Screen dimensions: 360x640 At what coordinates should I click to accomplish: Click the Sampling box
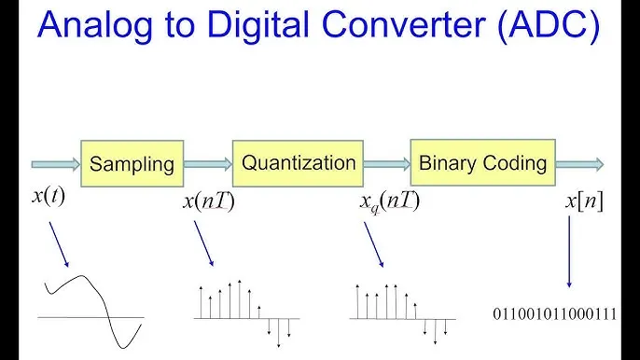tap(132, 165)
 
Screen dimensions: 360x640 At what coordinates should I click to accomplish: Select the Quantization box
tap(299, 162)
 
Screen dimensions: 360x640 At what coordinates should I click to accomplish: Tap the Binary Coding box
tap(482, 163)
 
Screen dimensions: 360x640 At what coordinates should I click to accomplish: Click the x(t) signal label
tap(49, 198)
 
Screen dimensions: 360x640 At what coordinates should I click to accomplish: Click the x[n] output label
tap(584, 201)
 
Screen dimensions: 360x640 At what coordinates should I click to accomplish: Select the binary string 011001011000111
tap(554, 314)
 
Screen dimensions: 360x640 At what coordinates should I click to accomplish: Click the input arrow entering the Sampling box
tap(55, 165)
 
